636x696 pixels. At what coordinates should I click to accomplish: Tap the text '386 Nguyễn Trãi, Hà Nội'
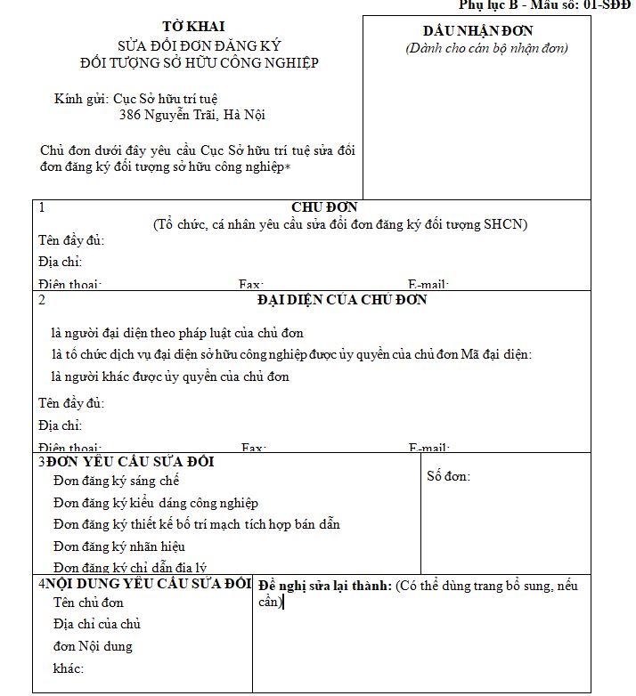coord(192,115)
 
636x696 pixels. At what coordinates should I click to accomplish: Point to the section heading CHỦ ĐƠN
coord(324,207)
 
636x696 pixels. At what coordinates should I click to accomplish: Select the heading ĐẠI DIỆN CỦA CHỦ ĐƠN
coord(342,300)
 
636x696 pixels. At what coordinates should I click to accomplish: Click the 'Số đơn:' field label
coord(449,476)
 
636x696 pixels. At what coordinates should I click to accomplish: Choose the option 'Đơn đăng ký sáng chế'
coord(117,481)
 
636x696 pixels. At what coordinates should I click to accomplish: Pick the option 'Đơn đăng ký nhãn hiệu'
coord(119,546)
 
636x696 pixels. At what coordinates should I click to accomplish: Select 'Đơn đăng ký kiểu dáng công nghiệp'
coord(156,503)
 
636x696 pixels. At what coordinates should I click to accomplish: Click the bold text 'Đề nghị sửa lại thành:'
coord(324,586)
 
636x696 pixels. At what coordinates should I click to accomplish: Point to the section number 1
coord(42,208)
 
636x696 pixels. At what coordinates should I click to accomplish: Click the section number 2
coord(42,300)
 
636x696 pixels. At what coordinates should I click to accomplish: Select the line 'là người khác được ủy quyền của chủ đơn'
coord(170,376)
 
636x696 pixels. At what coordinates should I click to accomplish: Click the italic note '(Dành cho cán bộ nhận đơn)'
coord(486,48)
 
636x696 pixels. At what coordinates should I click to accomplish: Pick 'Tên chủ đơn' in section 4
coord(88,603)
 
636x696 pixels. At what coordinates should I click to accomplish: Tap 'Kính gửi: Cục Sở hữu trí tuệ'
coord(135,98)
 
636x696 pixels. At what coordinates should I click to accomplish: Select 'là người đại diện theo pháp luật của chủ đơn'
coord(177,333)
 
